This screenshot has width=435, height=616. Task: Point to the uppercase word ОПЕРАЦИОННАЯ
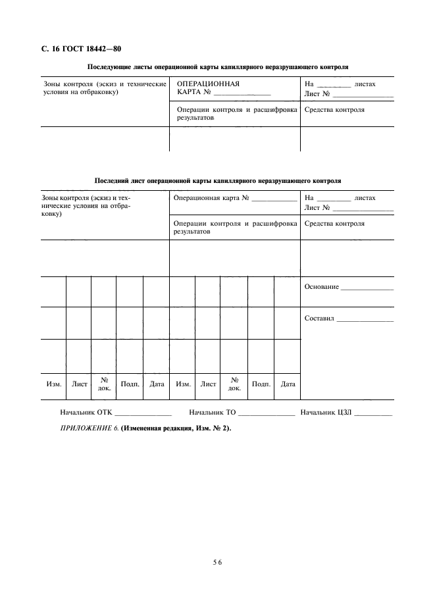tap(208, 84)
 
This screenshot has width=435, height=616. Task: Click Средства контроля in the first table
tap(335, 110)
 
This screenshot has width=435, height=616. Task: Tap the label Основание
tap(322, 287)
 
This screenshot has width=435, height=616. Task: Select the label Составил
tap(320, 319)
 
